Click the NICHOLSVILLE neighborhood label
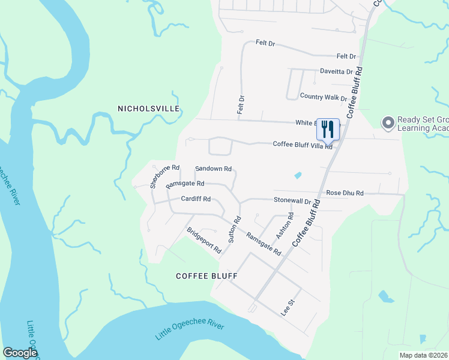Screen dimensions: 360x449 (x=148, y=109)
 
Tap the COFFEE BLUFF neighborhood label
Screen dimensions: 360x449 (x=206, y=276)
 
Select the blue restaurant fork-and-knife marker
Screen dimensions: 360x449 (x=328, y=128)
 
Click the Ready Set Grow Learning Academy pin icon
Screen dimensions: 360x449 (x=388, y=123)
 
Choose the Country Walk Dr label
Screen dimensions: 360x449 (x=323, y=97)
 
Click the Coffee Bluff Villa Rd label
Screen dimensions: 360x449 (x=303, y=144)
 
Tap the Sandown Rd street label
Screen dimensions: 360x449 (x=214, y=169)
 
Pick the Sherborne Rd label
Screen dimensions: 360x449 (x=165, y=176)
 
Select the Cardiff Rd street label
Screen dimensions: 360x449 (x=196, y=199)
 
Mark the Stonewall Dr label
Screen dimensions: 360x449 (x=292, y=200)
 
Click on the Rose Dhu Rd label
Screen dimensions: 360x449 (x=345, y=193)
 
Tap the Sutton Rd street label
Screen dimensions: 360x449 (x=234, y=229)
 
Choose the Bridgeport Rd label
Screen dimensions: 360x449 (x=204, y=240)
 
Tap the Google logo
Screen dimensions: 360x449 (x=20, y=353)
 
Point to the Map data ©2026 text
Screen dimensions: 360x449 (x=423, y=355)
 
